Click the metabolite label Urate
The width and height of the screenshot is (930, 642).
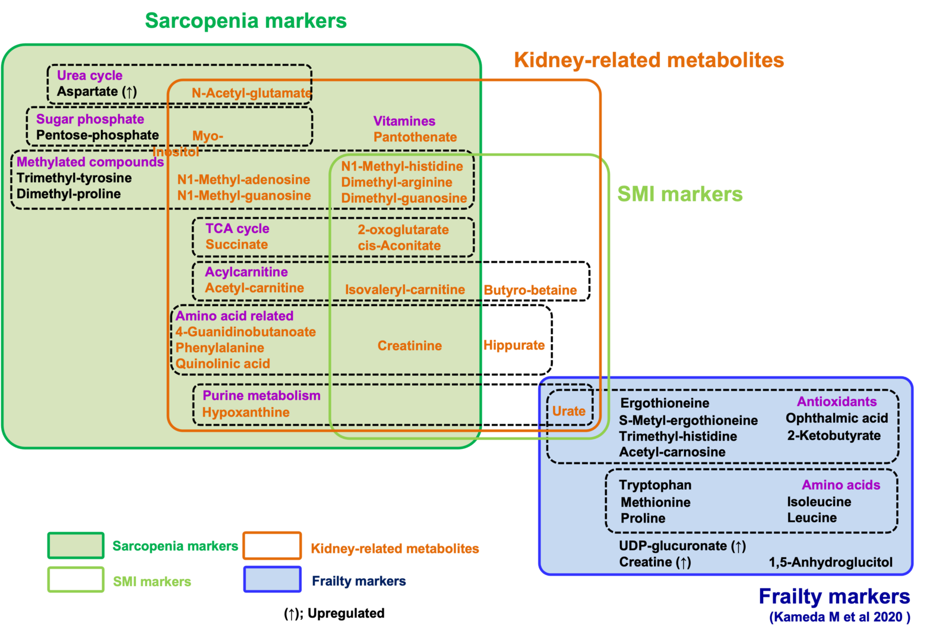(568, 411)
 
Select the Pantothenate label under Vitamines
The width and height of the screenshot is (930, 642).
(415, 137)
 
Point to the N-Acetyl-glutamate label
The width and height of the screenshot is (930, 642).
(251, 93)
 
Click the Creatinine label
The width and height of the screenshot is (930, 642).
(410, 345)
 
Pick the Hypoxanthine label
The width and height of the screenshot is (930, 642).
(246, 412)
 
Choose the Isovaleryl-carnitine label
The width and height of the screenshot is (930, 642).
(405, 289)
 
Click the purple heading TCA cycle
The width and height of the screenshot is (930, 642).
(238, 228)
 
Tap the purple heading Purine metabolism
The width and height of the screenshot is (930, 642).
(261, 395)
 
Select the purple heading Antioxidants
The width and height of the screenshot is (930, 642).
(837, 401)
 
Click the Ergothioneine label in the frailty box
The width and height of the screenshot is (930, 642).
(665, 403)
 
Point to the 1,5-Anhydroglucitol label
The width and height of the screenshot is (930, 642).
(831, 562)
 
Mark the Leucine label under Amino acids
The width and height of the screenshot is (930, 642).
(812, 518)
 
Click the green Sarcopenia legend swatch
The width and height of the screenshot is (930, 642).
(76, 546)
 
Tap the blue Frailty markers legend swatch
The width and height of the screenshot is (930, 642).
(273, 579)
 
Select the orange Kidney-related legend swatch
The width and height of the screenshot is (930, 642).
(273, 546)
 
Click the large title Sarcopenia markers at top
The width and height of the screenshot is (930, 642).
(246, 21)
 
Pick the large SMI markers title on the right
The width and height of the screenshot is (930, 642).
(680, 194)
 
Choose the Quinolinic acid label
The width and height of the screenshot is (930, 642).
(223, 363)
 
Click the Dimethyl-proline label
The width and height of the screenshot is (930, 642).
(69, 194)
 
